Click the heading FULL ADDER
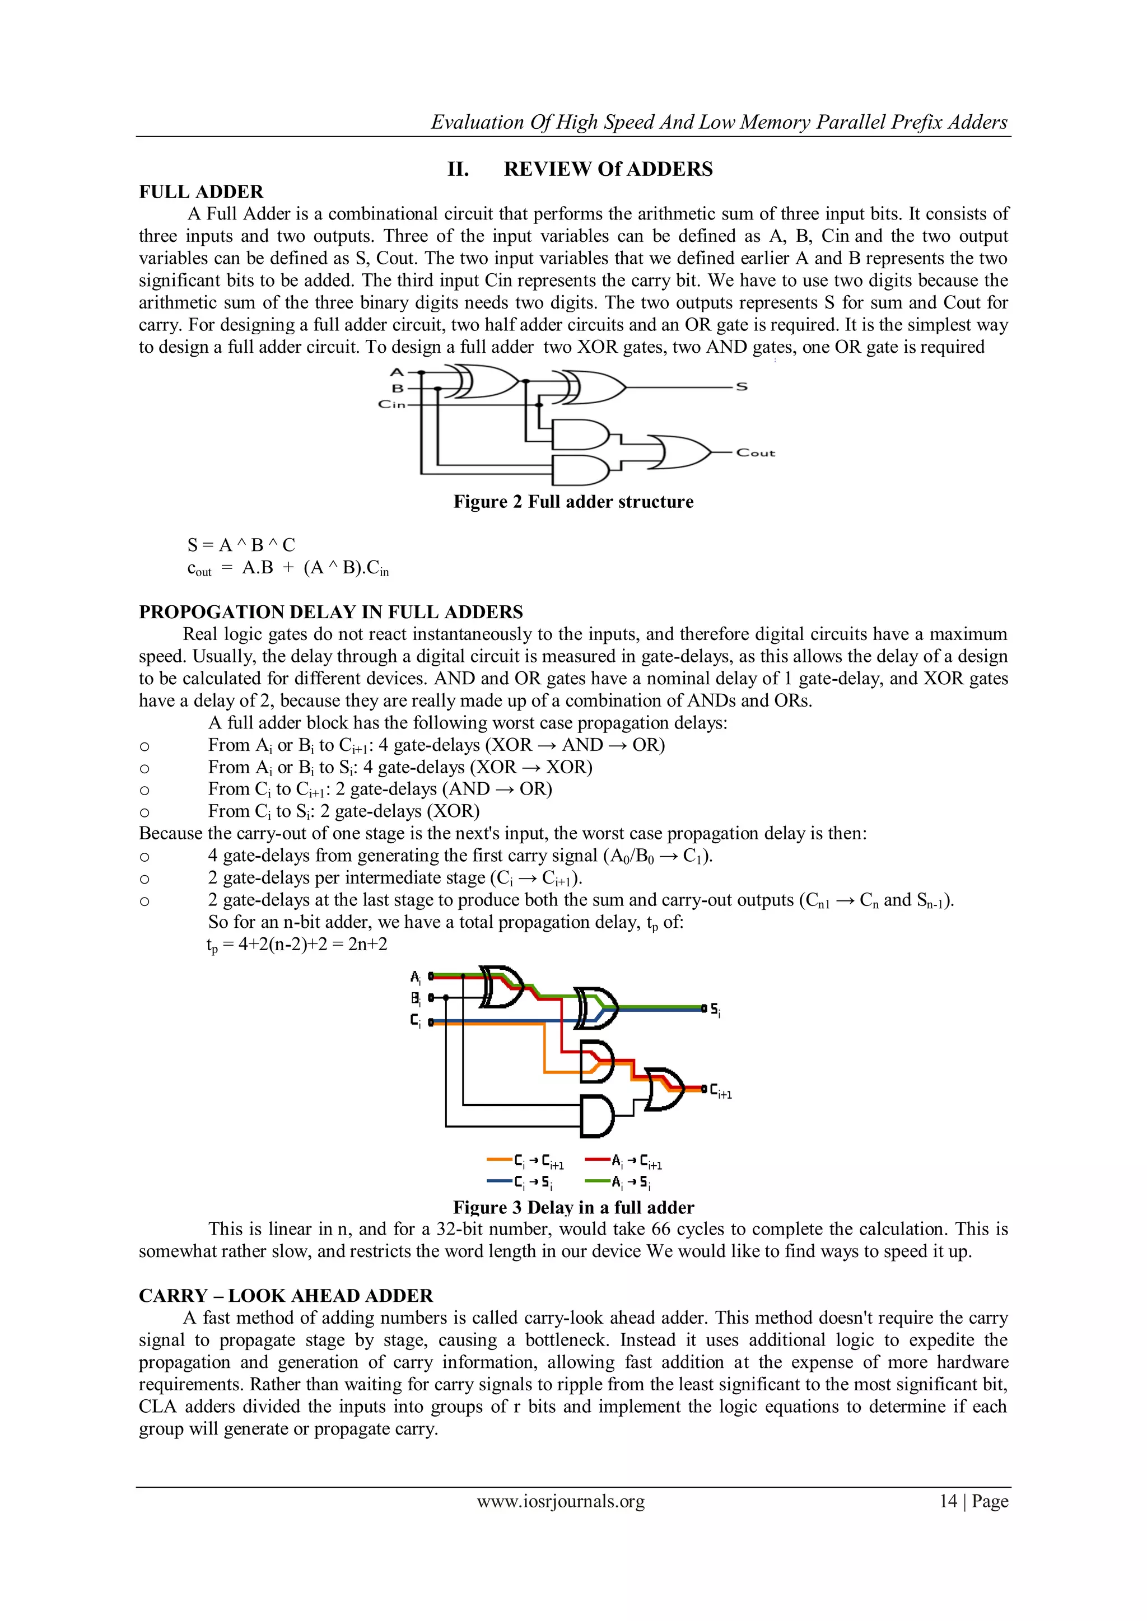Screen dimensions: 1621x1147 click(x=201, y=192)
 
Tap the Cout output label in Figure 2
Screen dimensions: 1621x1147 click(x=755, y=452)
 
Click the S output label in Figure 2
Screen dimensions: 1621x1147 click(x=742, y=387)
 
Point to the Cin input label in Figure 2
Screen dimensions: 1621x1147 click(x=392, y=404)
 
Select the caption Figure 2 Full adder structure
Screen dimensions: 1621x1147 click(x=573, y=502)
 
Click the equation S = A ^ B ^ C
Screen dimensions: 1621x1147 click(x=241, y=545)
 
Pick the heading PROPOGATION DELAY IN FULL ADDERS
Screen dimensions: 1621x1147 click(x=330, y=612)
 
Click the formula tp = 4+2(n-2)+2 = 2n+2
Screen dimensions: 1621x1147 click(x=297, y=945)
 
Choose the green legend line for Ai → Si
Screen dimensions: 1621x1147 click(x=598, y=1180)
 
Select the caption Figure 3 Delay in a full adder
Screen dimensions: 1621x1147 click(x=573, y=1207)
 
